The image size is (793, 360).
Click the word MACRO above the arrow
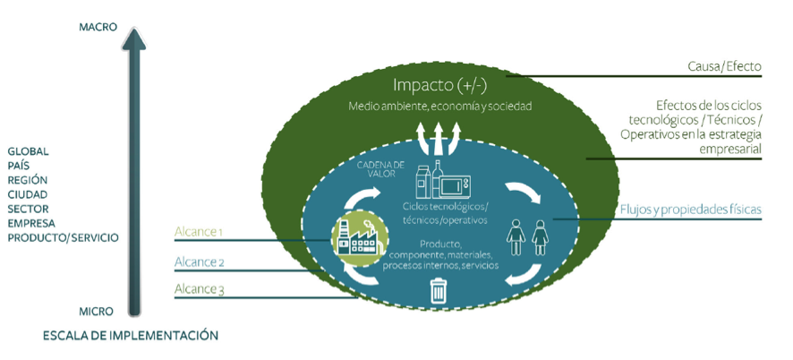[98, 27]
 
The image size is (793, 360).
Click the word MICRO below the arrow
[96, 312]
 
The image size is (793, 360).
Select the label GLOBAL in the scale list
[29, 151]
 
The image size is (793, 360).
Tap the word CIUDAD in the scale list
[29, 194]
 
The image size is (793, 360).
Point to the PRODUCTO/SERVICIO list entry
[63, 237]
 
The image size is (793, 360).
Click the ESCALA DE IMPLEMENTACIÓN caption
[131, 336]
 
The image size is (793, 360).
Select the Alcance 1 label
[198, 232]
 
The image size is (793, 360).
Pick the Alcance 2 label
[200, 262]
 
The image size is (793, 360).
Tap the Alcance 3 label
[200, 288]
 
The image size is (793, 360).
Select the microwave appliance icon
[458, 185]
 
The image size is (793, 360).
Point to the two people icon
[527, 237]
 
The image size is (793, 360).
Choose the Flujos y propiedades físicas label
[690, 210]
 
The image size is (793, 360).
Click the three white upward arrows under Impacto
[439, 140]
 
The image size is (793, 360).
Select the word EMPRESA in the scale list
[31, 223]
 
